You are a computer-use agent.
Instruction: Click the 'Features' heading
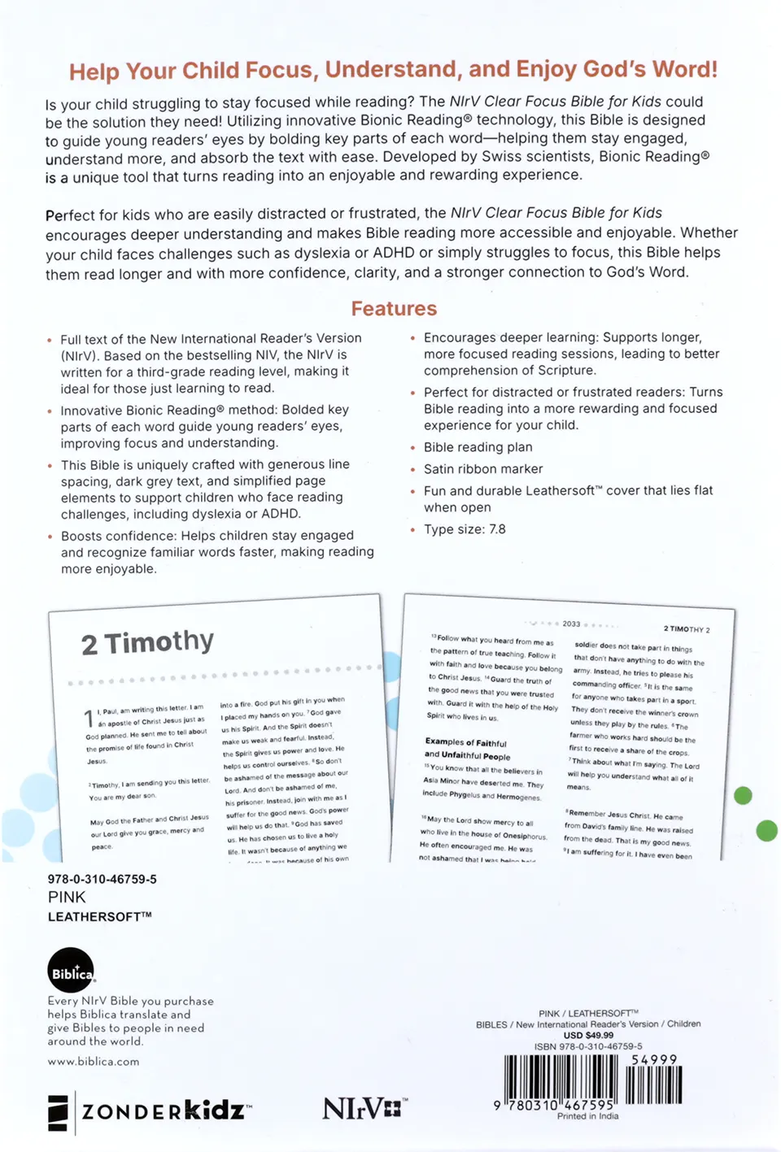click(394, 309)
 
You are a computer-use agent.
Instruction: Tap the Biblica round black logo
click(71, 971)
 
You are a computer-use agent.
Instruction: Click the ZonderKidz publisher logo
click(151, 1111)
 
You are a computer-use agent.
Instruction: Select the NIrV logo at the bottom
click(364, 1108)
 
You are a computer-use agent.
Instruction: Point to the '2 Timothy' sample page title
click(147, 642)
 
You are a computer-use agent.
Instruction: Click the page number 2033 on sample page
click(571, 624)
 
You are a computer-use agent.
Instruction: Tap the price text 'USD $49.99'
click(588, 1035)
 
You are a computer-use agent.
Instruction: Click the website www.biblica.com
click(93, 1061)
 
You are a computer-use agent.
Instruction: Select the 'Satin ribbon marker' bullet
click(482, 469)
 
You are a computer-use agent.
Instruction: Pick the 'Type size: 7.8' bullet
click(465, 529)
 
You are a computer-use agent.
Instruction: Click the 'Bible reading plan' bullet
click(478, 447)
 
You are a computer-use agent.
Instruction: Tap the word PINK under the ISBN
click(67, 897)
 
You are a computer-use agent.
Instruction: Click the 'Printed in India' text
click(587, 1116)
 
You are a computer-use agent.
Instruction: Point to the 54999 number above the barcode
click(653, 1059)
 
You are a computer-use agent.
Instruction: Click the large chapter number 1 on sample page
click(89, 719)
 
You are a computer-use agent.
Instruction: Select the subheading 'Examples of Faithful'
click(465, 742)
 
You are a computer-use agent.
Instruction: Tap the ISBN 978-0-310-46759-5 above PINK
click(102, 879)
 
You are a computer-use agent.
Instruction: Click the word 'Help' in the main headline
click(94, 72)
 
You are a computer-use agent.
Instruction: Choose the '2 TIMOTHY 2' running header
click(686, 629)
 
